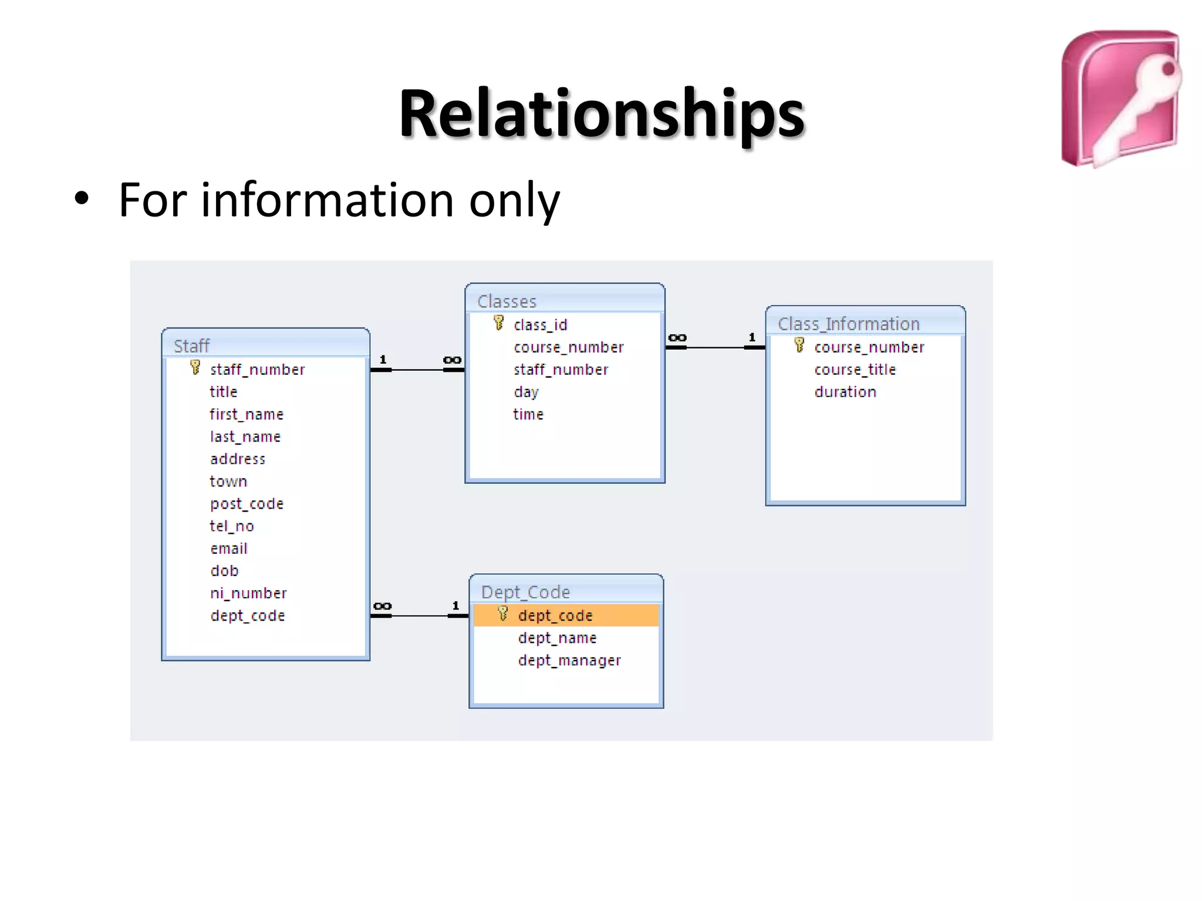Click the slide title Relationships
[x=601, y=114]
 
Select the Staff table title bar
[x=265, y=345]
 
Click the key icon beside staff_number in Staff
[x=195, y=368]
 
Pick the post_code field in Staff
[x=247, y=504]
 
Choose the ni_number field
[x=248, y=593]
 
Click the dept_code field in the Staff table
[x=247, y=615]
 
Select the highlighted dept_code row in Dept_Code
[x=565, y=615]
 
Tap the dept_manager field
[x=569, y=660]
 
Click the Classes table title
[x=507, y=301]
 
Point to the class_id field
[x=540, y=325]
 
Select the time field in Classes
[x=528, y=414]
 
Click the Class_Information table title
[x=848, y=323]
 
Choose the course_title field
[x=855, y=370]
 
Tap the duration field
[x=845, y=392]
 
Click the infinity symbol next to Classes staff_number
[x=452, y=360]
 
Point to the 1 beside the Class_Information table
[x=752, y=337]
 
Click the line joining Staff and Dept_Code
[x=420, y=616]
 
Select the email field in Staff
[x=229, y=548]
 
